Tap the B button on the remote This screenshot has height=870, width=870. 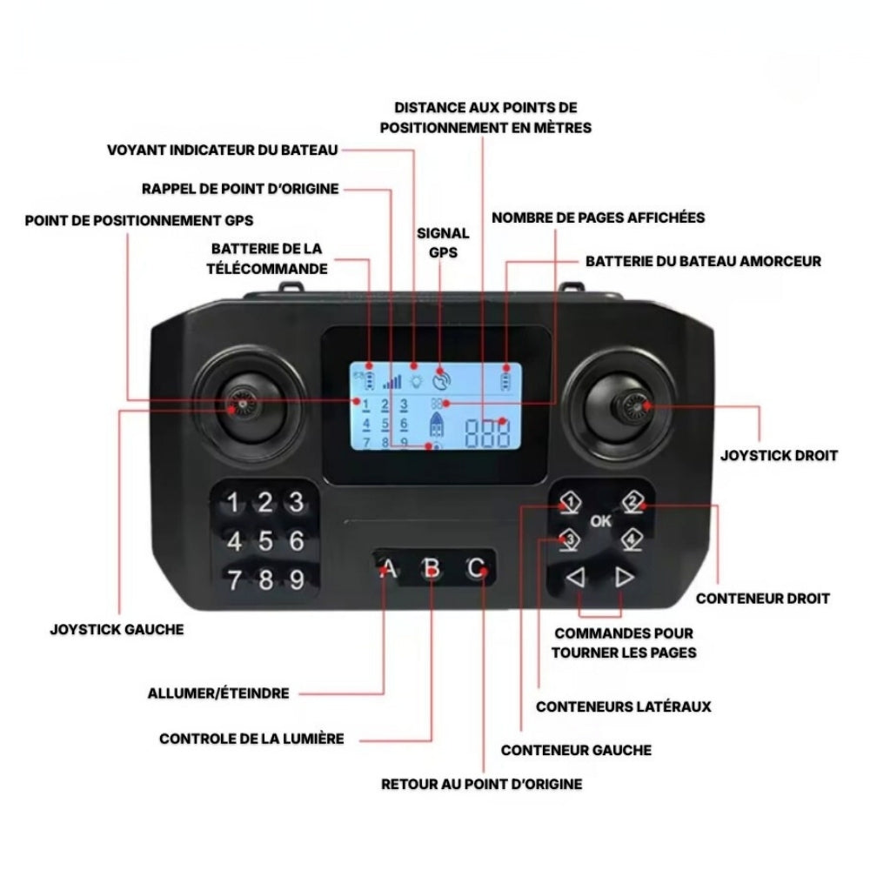[431, 570]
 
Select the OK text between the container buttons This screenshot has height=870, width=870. [600, 521]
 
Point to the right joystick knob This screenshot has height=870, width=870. [632, 405]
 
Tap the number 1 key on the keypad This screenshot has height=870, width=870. [233, 503]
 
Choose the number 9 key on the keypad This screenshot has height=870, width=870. [296, 579]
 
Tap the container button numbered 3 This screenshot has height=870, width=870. [569, 539]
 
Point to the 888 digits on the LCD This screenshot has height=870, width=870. [486, 432]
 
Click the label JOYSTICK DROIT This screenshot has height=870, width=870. [780, 455]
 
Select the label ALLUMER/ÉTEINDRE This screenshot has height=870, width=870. [218, 693]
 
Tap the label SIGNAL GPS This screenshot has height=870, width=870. [444, 243]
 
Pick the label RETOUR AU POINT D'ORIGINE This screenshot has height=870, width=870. [482, 784]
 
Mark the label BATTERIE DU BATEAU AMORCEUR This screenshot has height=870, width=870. [703, 260]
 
